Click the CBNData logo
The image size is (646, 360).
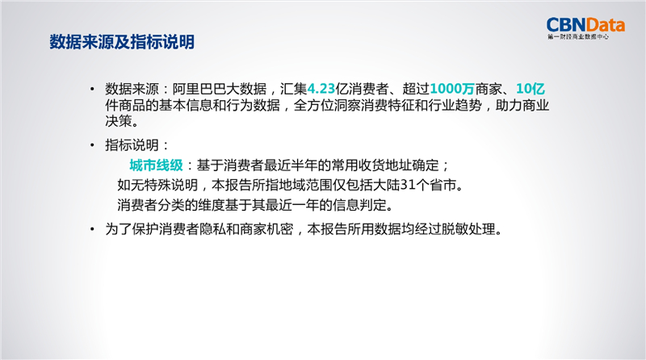(x=585, y=28)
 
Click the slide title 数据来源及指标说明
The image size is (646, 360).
(x=122, y=42)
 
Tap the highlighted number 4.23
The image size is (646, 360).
(x=321, y=89)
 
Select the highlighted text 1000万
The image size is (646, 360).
(x=452, y=89)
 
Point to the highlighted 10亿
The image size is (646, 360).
(x=531, y=89)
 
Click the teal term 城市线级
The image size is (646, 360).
(x=156, y=165)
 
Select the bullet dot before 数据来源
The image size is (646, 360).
(x=92, y=89)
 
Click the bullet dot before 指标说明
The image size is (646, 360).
(x=92, y=145)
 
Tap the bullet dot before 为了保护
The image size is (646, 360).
(x=92, y=229)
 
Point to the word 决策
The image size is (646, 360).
(x=119, y=121)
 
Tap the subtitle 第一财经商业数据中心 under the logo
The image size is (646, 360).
(x=578, y=37)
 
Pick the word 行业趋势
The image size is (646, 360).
(x=455, y=105)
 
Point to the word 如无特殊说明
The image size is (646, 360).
(x=157, y=185)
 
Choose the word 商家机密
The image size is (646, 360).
(x=266, y=229)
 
